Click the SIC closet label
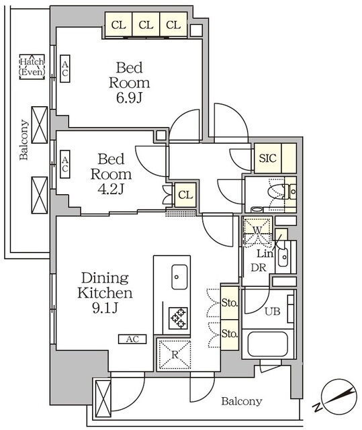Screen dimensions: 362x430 click(268, 159)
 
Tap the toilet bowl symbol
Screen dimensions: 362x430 click(277, 191)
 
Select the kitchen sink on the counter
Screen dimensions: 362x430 click(179, 277)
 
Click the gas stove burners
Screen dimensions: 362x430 click(178, 318)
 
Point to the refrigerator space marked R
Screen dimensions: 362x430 click(175, 355)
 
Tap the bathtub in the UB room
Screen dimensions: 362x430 click(267, 344)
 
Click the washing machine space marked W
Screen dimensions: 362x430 click(257, 231)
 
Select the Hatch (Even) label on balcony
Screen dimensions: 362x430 click(32, 67)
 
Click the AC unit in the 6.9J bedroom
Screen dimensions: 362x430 click(65, 69)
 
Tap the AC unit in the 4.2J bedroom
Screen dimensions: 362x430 click(65, 164)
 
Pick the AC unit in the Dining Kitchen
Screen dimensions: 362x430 click(132, 339)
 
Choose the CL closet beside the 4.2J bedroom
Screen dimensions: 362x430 click(185, 195)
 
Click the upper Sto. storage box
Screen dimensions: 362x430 click(230, 303)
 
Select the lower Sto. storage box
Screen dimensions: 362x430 click(230, 335)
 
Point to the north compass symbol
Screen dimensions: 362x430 click(338, 396)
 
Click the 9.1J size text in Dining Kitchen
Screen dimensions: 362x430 click(105, 309)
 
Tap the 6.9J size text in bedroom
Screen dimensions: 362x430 click(130, 98)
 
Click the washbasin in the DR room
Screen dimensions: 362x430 click(283, 257)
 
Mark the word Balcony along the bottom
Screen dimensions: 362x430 click(241, 402)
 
